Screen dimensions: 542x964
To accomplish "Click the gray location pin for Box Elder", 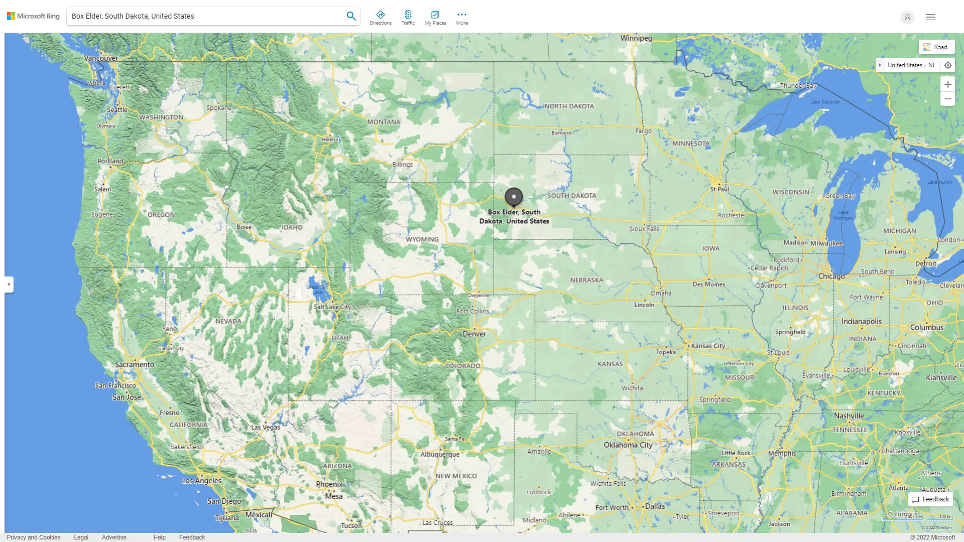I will [x=514, y=197].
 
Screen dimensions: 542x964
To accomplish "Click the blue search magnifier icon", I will [x=351, y=16].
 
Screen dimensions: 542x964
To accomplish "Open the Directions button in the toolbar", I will [x=380, y=17].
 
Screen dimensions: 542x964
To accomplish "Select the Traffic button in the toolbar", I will [x=408, y=17].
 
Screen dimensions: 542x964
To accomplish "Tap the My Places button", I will [x=435, y=17].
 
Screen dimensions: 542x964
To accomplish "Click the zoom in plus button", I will [x=947, y=84].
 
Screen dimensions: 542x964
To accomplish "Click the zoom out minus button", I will [x=947, y=99].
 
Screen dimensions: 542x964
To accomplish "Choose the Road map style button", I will [x=936, y=47].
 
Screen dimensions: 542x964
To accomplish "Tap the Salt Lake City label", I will [x=332, y=307].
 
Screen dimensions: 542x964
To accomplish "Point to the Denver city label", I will [x=474, y=334].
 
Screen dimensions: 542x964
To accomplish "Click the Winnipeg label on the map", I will [x=636, y=38].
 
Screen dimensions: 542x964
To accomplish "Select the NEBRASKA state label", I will [x=586, y=280].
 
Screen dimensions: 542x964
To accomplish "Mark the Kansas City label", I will [x=707, y=346].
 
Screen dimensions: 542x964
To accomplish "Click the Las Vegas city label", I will [x=266, y=427].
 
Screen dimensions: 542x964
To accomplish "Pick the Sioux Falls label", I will [x=644, y=229].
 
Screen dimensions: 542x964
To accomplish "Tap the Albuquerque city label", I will [x=439, y=454].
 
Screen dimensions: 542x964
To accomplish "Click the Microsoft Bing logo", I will [x=33, y=16].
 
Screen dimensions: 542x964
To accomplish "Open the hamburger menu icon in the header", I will [x=930, y=17].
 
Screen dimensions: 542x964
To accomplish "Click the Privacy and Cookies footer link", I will [x=34, y=537].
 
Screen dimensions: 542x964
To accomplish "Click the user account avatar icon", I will [x=907, y=17].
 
